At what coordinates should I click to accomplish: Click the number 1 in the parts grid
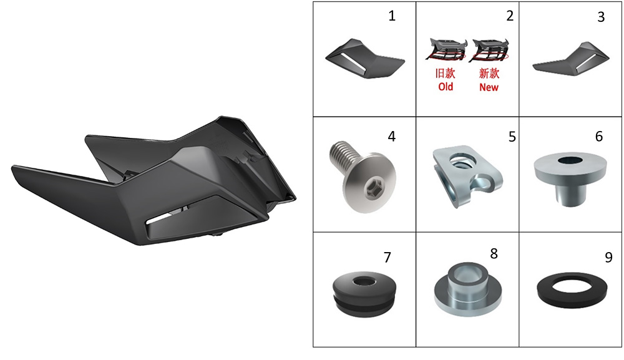[x=392, y=16]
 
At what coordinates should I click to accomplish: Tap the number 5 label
[x=512, y=137]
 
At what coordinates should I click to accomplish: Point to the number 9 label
[x=608, y=258]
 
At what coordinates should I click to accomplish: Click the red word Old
[x=446, y=87]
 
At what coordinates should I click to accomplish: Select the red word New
[x=489, y=87]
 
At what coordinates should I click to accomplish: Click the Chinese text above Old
[x=446, y=73]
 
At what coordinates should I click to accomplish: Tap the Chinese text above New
[x=489, y=73]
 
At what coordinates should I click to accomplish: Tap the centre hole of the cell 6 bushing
[x=572, y=161]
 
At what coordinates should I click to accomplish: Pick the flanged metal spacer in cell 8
[x=468, y=288]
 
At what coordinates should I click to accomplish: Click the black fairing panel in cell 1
[x=365, y=58]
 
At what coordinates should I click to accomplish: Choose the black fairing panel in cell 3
[x=571, y=59]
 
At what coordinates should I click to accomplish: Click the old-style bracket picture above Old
[x=446, y=50]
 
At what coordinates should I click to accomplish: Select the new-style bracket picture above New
[x=489, y=50]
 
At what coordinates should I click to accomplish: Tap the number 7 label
[x=388, y=258]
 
